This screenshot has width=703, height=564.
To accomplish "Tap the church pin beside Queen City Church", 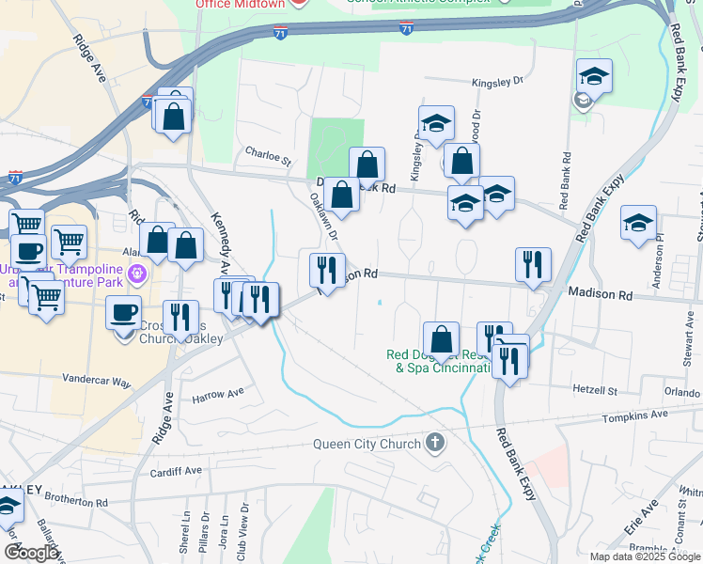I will coord(433,442).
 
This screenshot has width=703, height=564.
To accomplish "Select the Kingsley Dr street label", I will coord(497,82).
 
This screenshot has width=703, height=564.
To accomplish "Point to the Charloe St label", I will coord(269,150).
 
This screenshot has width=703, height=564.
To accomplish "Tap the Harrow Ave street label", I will coord(218,395).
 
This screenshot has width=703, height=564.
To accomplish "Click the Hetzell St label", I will coord(594,389).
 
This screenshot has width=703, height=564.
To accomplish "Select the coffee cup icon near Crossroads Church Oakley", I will coord(123,312).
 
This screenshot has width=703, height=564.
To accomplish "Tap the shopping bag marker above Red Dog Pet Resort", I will coord(441,340).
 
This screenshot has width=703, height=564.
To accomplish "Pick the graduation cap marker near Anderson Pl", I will coord(638,224).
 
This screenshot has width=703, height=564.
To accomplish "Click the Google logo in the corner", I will coord(31,553).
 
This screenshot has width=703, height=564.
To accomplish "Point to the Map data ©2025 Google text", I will coord(645,556).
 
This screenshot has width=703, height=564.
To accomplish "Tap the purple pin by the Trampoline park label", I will coord(138,274).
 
